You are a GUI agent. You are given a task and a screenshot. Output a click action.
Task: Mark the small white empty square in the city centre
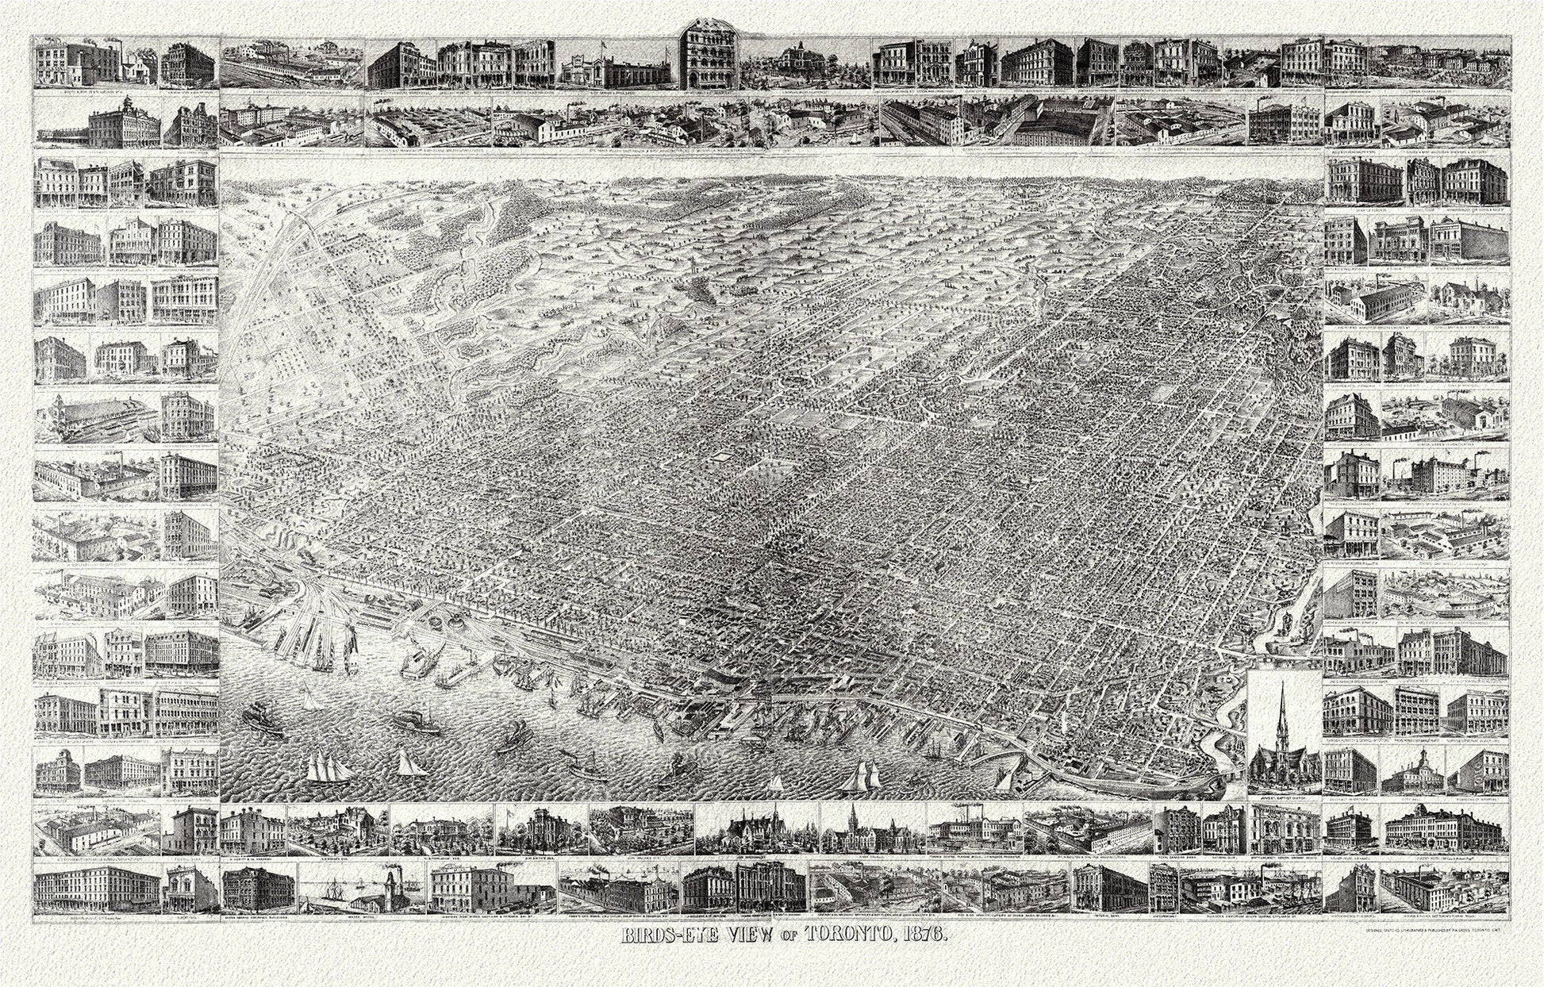tap(724, 459)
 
